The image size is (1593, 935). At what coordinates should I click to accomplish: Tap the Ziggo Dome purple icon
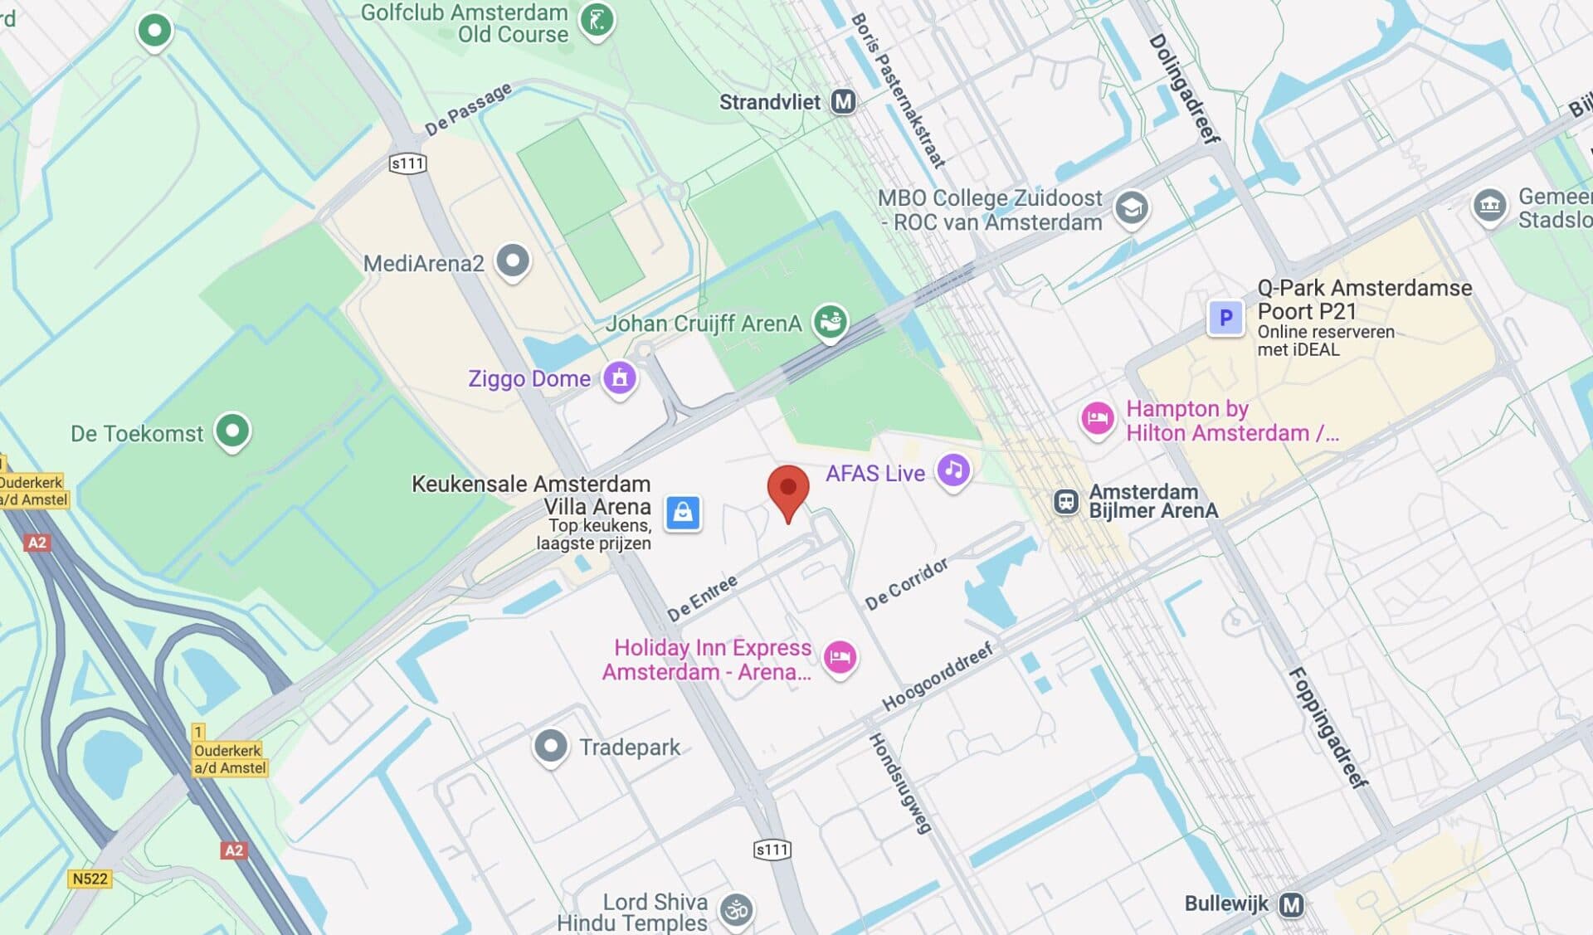(619, 378)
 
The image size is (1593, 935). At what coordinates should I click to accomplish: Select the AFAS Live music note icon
(953, 470)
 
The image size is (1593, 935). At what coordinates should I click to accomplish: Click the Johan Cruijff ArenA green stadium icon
(830, 320)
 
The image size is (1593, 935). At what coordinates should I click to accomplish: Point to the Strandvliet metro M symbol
(843, 102)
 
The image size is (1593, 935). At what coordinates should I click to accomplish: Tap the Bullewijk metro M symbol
(1291, 904)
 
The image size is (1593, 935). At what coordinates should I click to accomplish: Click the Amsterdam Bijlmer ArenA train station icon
(1065, 501)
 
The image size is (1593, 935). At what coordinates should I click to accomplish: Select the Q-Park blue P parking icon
(1225, 318)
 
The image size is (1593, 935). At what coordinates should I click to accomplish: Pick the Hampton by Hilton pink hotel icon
(1097, 418)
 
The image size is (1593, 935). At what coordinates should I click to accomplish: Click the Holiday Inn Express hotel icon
(840, 657)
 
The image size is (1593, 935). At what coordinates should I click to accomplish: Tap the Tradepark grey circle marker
(550, 746)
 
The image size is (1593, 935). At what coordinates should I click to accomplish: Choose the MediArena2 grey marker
(513, 261)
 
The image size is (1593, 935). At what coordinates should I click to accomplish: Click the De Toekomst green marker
(232, 431)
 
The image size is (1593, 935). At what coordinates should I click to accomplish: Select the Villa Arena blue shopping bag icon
(683, 513)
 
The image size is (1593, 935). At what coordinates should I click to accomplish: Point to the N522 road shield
(90, 879)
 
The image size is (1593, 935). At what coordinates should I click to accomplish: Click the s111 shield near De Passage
(407, 163)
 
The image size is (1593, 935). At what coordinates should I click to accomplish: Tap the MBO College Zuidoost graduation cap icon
(1131, 208)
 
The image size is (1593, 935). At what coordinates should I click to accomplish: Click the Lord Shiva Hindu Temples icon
(736, 910)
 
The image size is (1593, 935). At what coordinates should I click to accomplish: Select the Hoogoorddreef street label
(938, 676)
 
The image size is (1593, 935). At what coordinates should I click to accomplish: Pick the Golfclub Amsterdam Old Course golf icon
(596, 21)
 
